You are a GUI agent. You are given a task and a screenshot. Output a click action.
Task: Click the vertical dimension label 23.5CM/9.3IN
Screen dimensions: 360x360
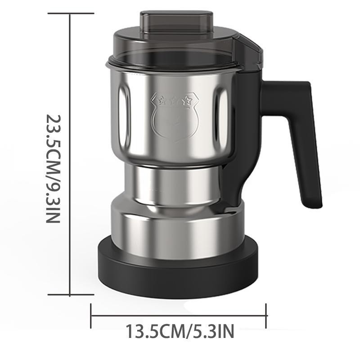tap(54, 168)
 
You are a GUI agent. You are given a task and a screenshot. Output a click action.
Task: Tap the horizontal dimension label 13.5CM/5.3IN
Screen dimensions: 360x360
tap(180, 333)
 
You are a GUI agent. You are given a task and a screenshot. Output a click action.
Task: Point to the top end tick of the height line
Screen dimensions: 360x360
tap(69, 13)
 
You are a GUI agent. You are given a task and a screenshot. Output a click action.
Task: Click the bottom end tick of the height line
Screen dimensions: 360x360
tap(69, 295)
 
